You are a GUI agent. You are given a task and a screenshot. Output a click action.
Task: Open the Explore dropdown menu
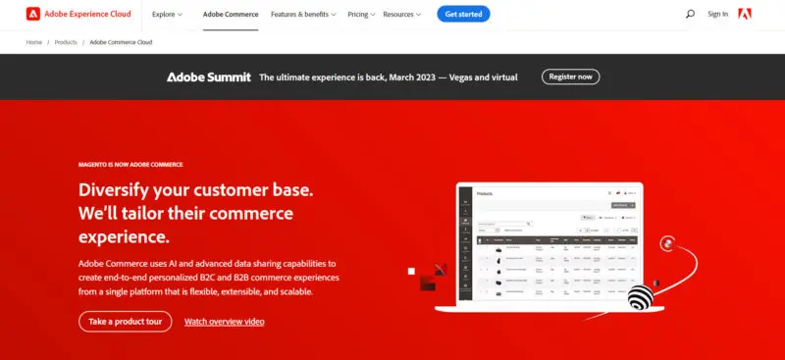click(167, 15)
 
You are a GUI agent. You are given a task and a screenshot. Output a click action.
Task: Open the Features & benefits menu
click(303, 15)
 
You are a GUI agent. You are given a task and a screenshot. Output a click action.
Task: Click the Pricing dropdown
click(361, 15)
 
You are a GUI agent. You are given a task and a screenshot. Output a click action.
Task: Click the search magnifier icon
click(690, 14)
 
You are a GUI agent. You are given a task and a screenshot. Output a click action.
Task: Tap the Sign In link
click(718, 14)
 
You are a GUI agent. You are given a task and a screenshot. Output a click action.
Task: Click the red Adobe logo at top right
click(745, 14)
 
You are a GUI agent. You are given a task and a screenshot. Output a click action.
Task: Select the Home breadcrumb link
click(34, 42)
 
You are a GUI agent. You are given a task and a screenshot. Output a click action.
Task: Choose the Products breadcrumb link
click(66, 42)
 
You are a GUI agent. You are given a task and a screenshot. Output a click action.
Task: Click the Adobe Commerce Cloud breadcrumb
click(121, 42)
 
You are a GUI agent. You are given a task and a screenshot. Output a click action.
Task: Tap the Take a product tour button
click(125, 321)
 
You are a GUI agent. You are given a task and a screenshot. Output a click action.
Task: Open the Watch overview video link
click(224, 322)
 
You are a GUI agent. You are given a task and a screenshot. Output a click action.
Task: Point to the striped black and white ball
click(640, 296)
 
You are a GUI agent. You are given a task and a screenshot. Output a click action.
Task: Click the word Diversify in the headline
click(116, 188)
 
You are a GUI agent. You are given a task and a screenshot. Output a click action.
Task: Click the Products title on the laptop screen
click(485, 194)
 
